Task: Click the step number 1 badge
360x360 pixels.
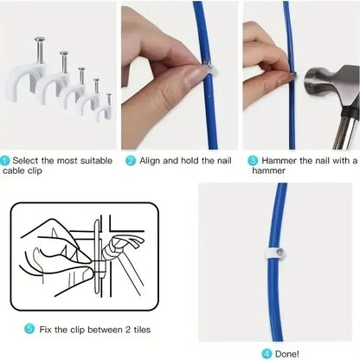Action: click(6, 160)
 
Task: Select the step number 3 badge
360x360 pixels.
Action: click(253, 160)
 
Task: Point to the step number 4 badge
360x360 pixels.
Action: click(266, 353)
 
